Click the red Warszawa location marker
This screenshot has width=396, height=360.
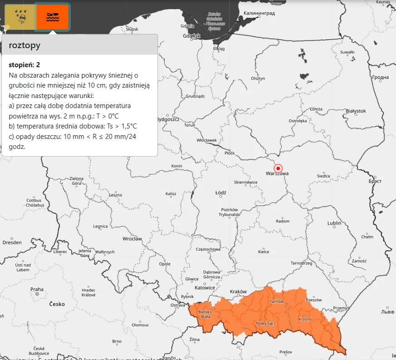point(279,168)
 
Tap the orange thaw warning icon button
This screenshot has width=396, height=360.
point(53,17)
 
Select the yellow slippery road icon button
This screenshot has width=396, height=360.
point(20,17)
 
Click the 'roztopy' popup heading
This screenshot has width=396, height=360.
point(24,45)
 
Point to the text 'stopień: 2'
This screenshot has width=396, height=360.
point(24,65)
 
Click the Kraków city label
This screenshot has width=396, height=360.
point(238,291)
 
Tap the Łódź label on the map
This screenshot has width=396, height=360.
point(220,192)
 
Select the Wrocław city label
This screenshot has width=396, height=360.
point(132,238)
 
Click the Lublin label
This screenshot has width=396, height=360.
point(334,223)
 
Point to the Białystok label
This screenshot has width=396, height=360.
point(356,111)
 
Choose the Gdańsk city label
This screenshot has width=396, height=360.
point(192,36)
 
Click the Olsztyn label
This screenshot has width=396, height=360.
point(258,79)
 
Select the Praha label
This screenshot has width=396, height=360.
point(37,289)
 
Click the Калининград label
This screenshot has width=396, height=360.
point(259,13)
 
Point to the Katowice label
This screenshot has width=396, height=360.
point(205,287)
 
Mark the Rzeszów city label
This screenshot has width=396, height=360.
point(313,300)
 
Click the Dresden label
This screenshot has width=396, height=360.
point(12,242)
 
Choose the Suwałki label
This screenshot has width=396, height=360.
point(347,52)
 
